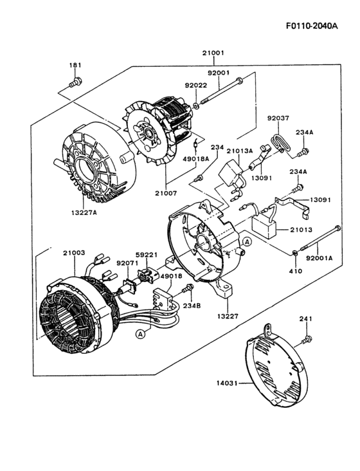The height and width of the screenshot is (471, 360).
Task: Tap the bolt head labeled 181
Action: pyautogui.click(x=76, y=81)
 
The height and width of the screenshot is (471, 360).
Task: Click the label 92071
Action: pyautogui.click(x=127, y=263)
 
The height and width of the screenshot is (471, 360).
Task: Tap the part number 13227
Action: pyautogui.click(x=226, y=316)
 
